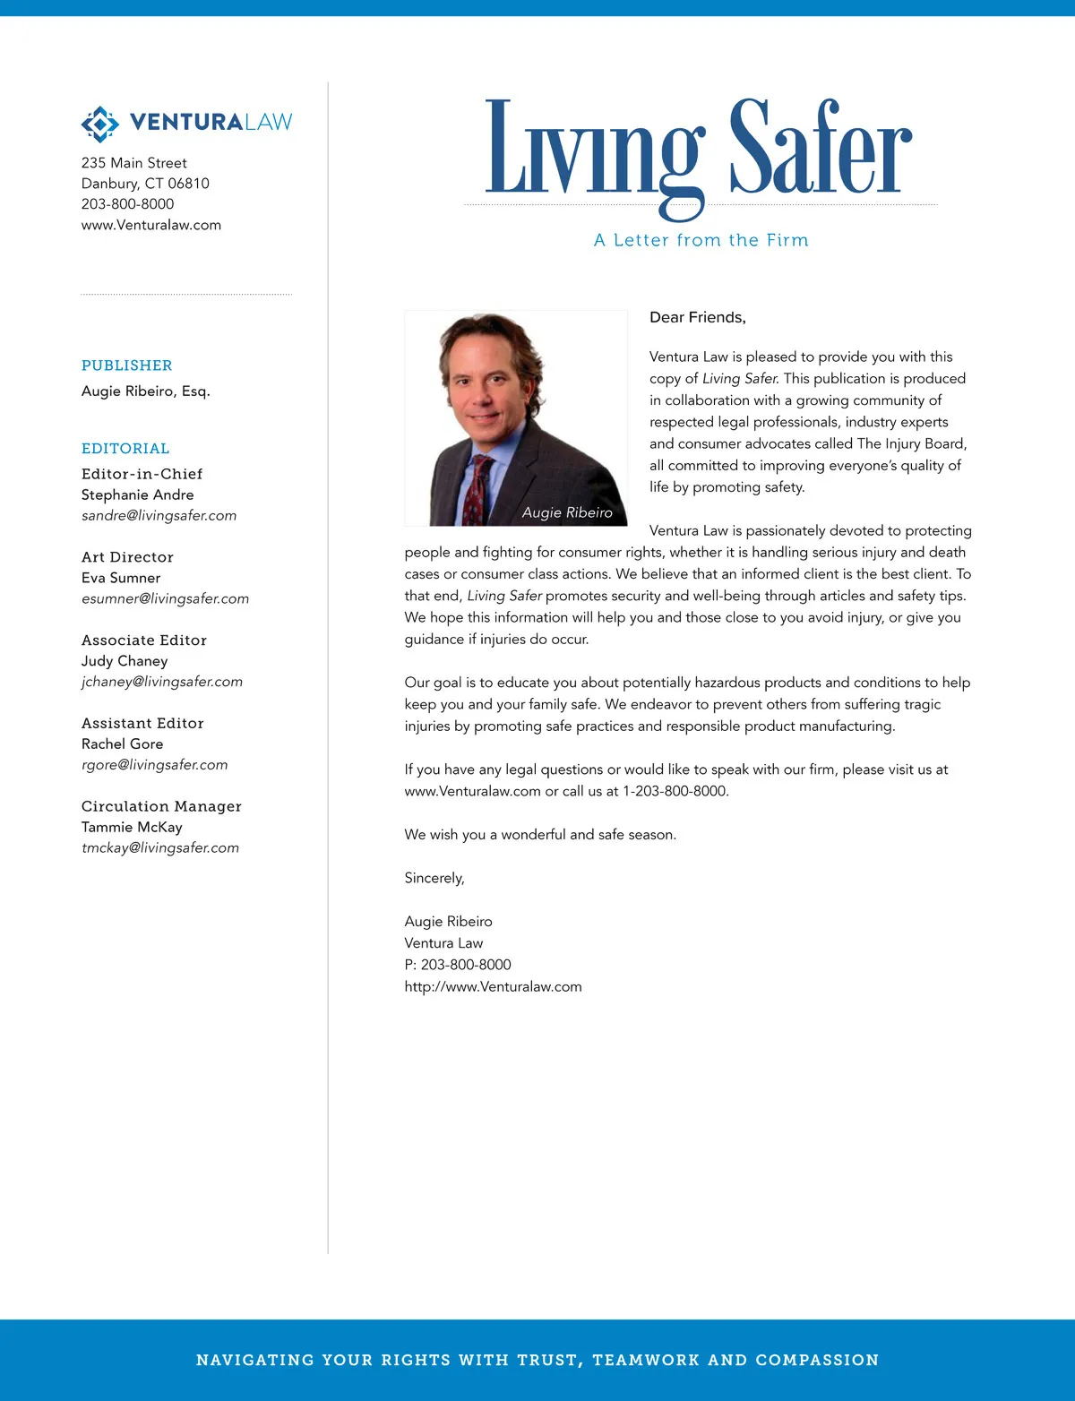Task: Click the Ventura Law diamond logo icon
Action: pos(99,124)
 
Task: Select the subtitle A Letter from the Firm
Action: pos(701,240)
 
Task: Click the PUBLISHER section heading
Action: pos(126,365)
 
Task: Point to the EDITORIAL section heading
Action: pos(125,449)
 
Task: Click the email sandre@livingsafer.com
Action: pos(159,516)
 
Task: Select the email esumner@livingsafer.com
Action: pos(165,598)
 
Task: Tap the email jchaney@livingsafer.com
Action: pos(162,682)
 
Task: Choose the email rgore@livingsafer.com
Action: pos(154,765)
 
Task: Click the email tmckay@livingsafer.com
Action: pos(160,848)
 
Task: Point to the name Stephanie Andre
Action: pos(137,494)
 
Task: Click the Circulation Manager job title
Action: pos(161,806)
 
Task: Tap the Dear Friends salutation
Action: pos(697,317)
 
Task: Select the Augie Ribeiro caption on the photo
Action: pos(567,512)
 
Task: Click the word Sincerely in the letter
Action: pos(434,878)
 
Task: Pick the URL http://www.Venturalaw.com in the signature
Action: pos(493,987)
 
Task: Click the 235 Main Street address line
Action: pos(134,163)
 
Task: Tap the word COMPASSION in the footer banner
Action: pos(817,1360)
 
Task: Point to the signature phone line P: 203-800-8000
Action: pos(458,965)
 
